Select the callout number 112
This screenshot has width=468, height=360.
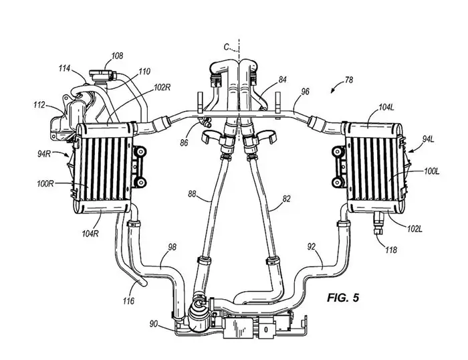pyautogui.click(x=40, y=104)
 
